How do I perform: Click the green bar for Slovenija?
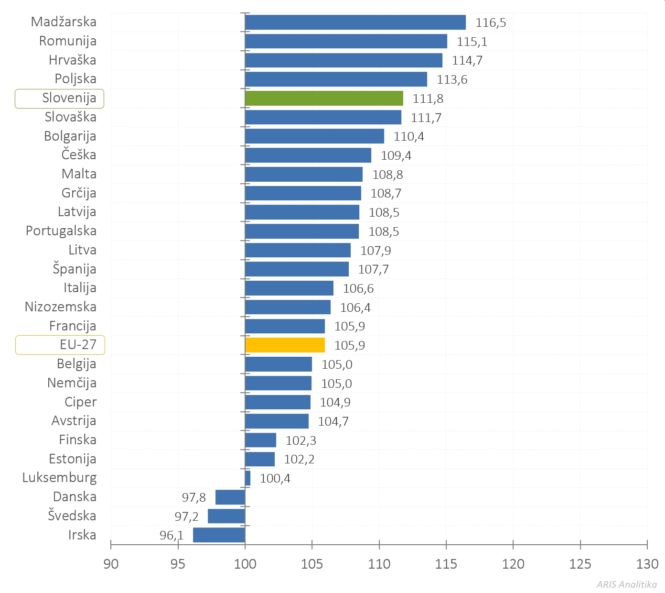coord(324,99)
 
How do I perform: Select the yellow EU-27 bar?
coord(285,345)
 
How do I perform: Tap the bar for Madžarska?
coord(355,22)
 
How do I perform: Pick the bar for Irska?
coord(219,535)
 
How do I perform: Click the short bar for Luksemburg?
coord(247,478)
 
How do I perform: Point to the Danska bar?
coord(230,497)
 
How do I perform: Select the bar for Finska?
coord(260,440)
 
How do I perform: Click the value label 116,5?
coord(491,23)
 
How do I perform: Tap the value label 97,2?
coord(186,517)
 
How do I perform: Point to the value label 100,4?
coord(275,479)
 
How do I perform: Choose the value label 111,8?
coord(428,99)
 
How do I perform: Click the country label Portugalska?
coord(61,231)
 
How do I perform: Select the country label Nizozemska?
coord(61,307)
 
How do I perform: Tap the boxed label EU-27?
coord(78,345)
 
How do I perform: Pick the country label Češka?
coord(79,155)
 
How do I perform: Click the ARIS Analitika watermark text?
coord(626,584)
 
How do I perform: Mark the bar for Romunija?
coord(346,42)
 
